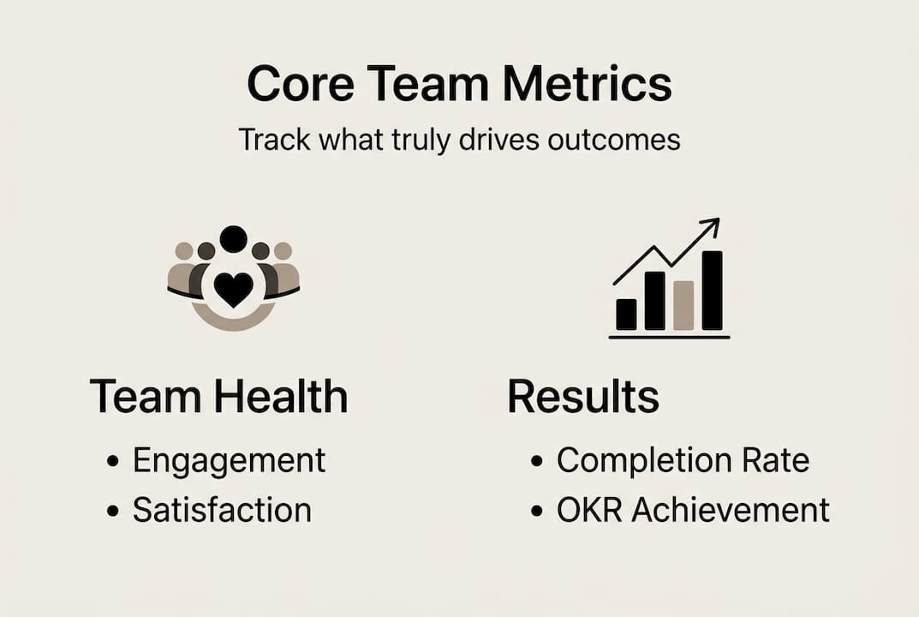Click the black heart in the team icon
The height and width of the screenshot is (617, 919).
click(233, 290)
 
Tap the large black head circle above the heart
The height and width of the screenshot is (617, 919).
click(233, 239)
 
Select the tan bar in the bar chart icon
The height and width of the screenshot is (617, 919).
click(683, 305)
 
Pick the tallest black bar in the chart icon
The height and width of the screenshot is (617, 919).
click(712, 291)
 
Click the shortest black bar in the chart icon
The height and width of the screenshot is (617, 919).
click(626, 314)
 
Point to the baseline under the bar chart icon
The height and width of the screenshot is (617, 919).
click(669, 338)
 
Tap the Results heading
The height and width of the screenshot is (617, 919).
click(583, 398)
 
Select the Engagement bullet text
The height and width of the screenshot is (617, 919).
click(229, 461)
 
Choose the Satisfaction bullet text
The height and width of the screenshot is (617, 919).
click(222, 511)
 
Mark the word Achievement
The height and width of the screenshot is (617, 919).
click(731, 511)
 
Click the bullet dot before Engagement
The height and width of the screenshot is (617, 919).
click(112, 461)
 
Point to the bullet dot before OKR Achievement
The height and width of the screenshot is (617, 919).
click(537, 511)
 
